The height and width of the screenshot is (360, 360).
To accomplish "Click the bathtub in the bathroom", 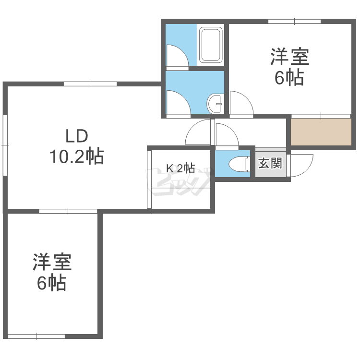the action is click(x=211, y=45).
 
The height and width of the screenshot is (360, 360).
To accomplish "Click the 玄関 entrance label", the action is click(x=270, y=163).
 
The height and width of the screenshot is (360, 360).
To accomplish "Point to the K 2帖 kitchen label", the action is click(x=180, y=168).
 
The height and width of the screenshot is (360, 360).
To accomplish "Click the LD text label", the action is click(x=77, y=136).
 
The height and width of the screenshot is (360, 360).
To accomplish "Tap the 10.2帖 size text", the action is click(x=77, y=156).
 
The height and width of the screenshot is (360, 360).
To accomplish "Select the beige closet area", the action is click(x=321, y=132).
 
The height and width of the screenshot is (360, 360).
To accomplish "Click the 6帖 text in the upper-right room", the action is click(x=289, y=78).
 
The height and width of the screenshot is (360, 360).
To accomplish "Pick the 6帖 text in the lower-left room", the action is click(x=52, y=283).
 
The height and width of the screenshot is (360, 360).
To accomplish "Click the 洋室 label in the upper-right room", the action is click(x=290, y=57).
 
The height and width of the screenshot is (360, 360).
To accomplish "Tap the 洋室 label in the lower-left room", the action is click(x=52, y=262).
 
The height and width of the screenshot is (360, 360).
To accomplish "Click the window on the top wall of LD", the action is click(x=90, y=84).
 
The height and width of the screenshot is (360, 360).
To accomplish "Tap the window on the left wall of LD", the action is click(x=5, y=145).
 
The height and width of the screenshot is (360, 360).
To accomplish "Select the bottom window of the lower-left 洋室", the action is click(x=36, y=336).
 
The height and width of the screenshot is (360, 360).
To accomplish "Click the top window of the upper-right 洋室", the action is click(x=295, y=21).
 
